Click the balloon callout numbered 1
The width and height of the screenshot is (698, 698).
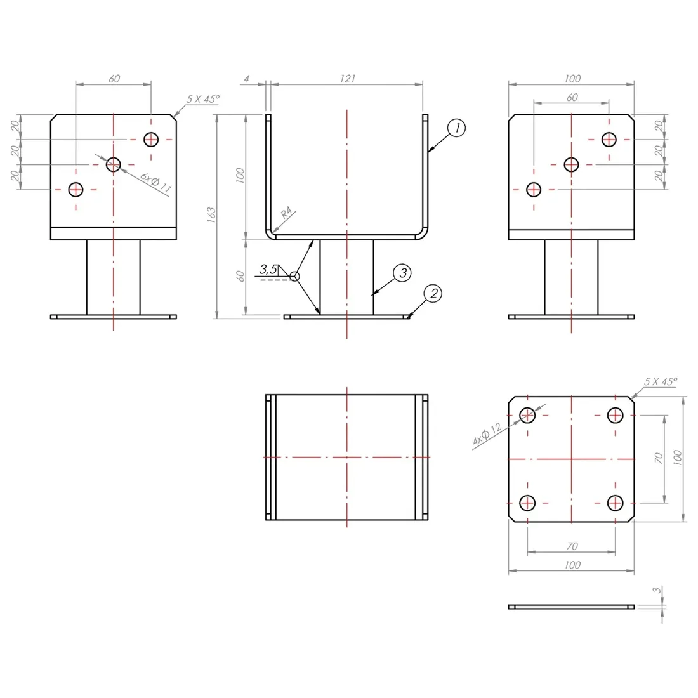coord(456,128)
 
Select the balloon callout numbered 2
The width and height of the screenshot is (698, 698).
coord(433,293)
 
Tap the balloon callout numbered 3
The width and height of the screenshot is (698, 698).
coord(402,273)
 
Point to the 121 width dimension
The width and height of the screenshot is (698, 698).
coord(347,78)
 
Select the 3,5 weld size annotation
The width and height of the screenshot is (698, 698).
coord(268,270)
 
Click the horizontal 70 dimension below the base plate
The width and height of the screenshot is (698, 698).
coord(572,546)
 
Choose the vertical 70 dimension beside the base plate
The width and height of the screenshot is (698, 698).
coord(659,458)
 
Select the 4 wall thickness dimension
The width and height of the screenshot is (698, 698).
coord(247,78)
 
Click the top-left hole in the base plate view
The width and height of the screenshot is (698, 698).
coord(528,415)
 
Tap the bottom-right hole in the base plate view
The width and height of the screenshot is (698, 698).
coord(615,503)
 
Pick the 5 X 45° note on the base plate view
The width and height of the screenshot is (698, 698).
coord(661,381)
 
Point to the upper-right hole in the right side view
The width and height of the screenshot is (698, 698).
coord(609,139)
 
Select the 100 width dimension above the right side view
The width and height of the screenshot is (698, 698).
coord(572,78)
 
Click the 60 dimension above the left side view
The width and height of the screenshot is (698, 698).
coord(114,79)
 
